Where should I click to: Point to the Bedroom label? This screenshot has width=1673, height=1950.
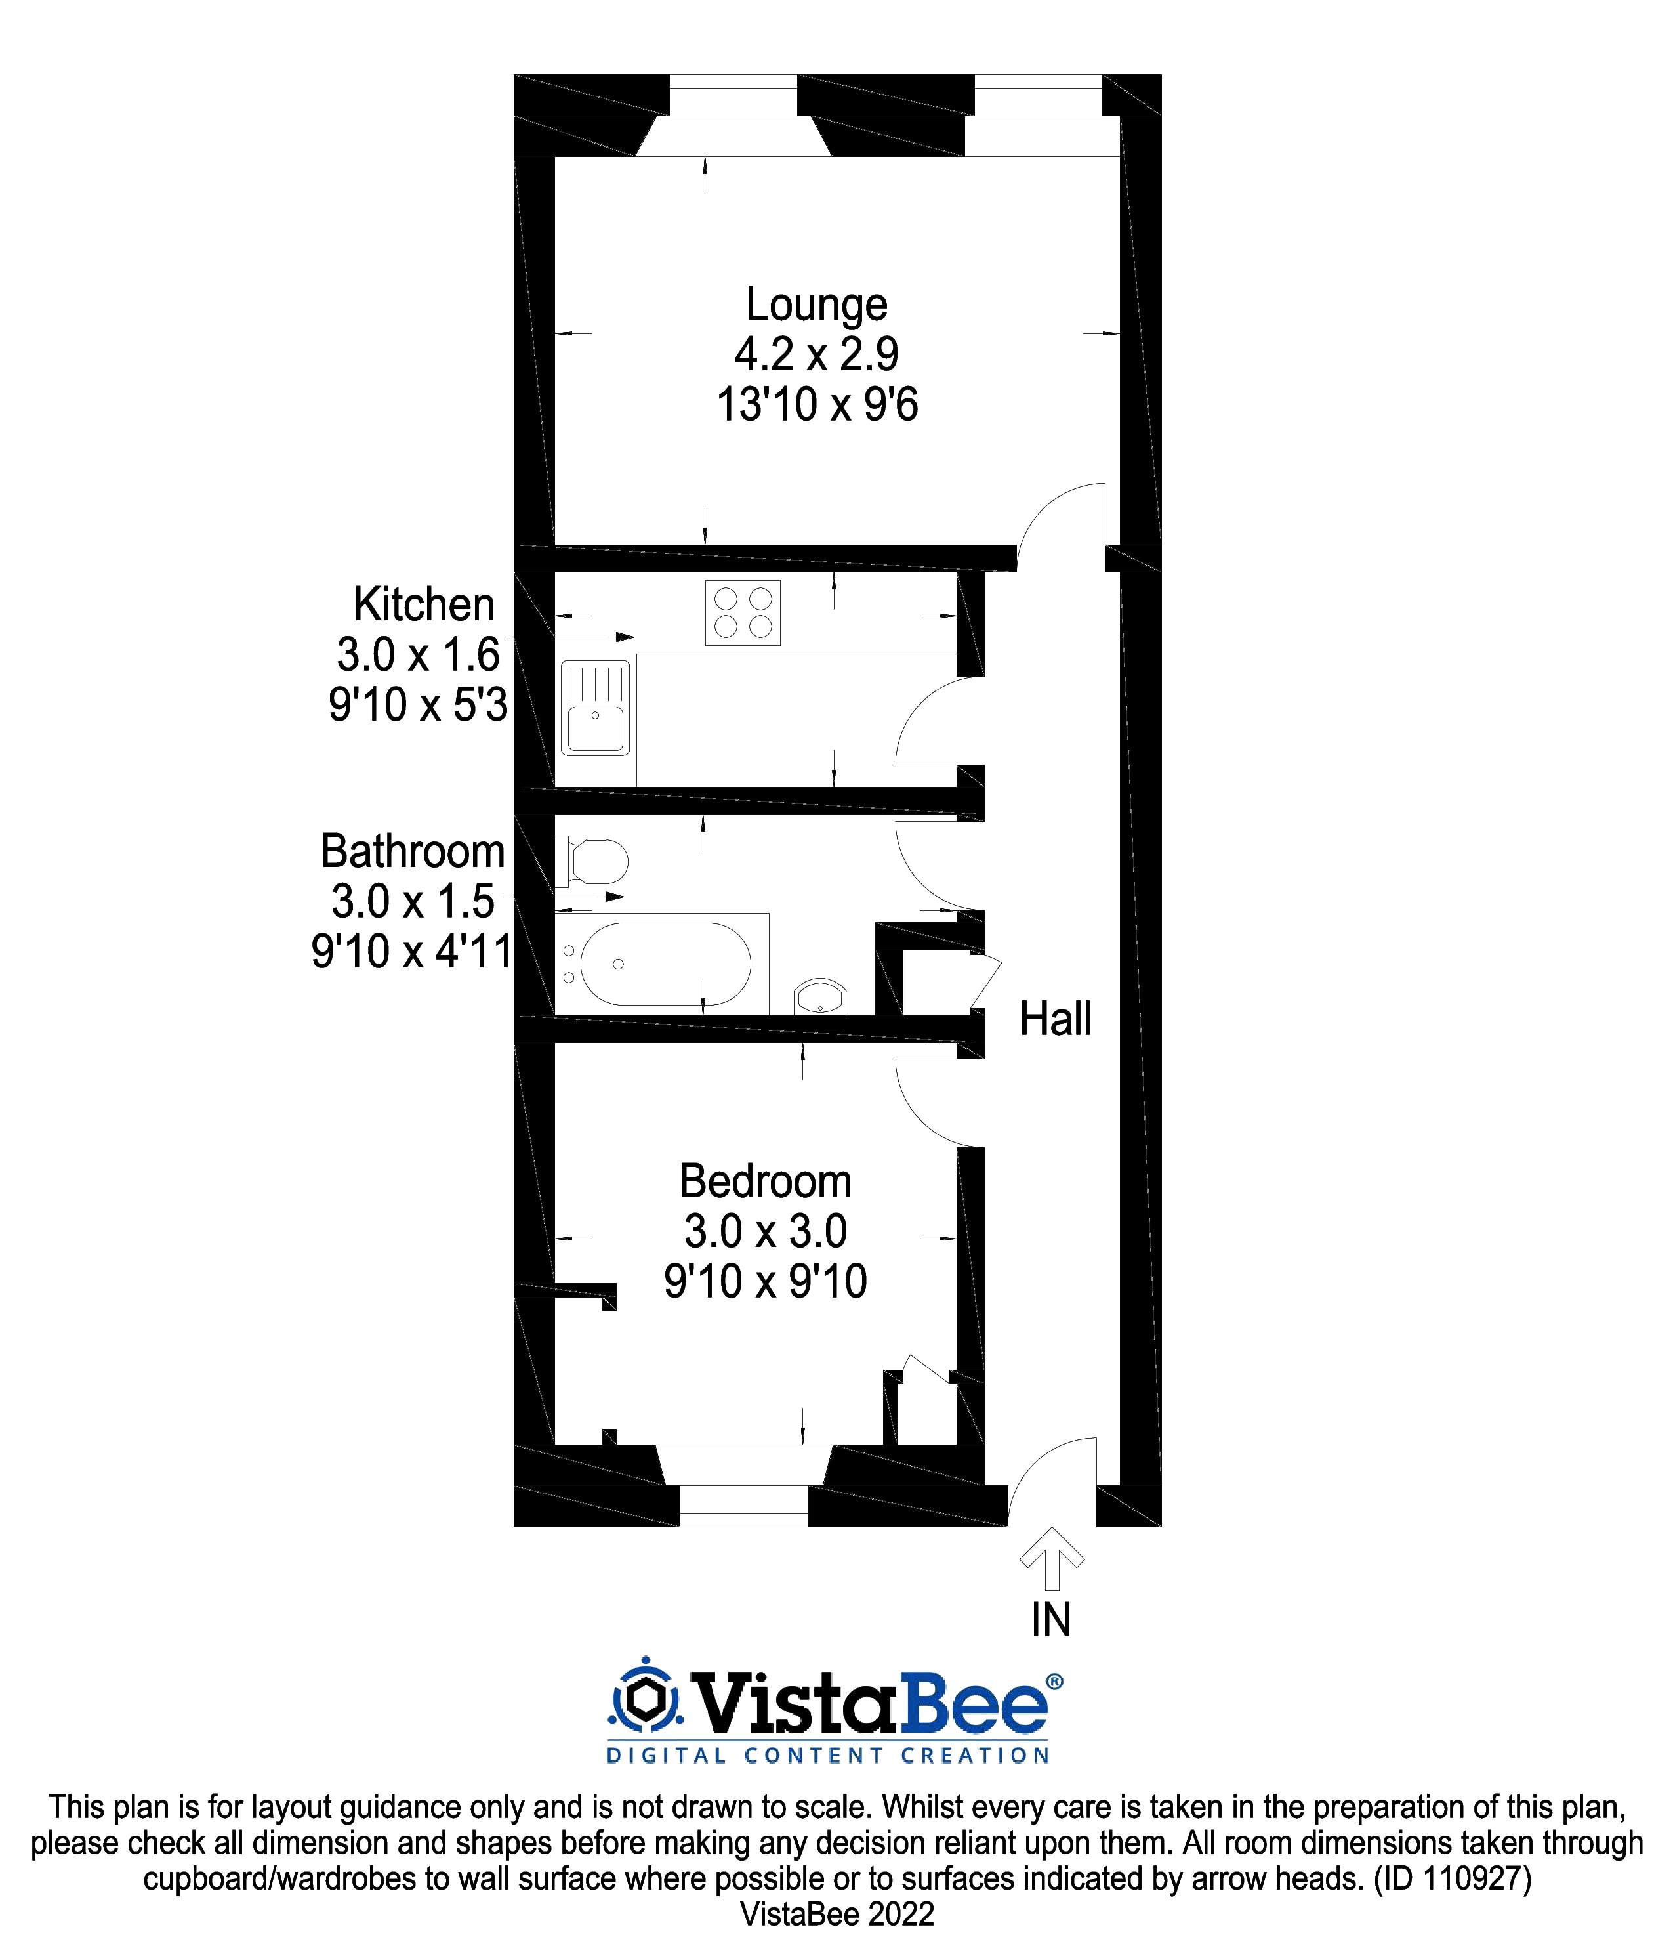pyautogui.click(x=765, y=1181)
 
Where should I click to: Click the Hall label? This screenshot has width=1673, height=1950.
pyautogui.click(x=1055, y=1019)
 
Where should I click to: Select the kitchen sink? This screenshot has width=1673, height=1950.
pyautogui.click(x=594, y=709)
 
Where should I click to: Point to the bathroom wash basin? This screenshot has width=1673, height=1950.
pyautogui.click(x=821, y=996)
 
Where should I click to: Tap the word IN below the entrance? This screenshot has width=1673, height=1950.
pyautogui.click(x=1051, y=1620)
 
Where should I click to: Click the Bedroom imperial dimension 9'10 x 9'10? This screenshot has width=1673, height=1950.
pyautogui.click(x=765, y=1282)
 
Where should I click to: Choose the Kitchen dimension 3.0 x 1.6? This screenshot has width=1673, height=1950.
pyautogui.click(x=418, y=655)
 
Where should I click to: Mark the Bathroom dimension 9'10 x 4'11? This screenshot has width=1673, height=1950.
pyautogui.click(x=411, y=952)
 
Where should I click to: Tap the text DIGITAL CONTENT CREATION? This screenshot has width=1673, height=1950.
pyautogui.click(x=827, y=1755)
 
